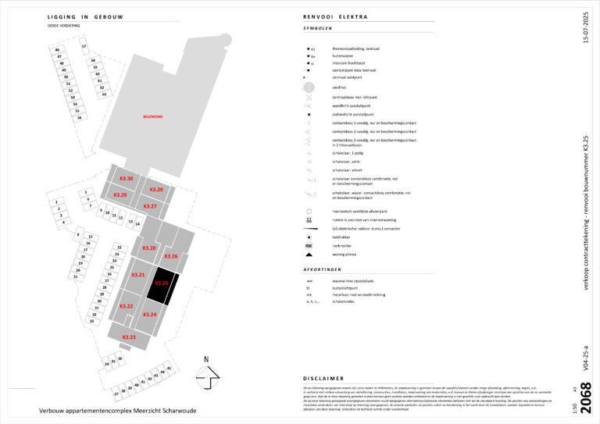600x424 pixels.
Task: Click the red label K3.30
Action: tap(126, 180)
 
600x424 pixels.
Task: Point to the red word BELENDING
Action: tap(152, 116)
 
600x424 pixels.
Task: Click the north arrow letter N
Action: tap(205, 360)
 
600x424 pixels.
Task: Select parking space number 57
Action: tap(84, 46)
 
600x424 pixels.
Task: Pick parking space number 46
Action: tap(57, 50)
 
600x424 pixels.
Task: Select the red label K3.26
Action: tap(171, 256)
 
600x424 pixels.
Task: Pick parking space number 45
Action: tap(169, 368)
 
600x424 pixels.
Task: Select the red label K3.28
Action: tap(156, 190)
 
